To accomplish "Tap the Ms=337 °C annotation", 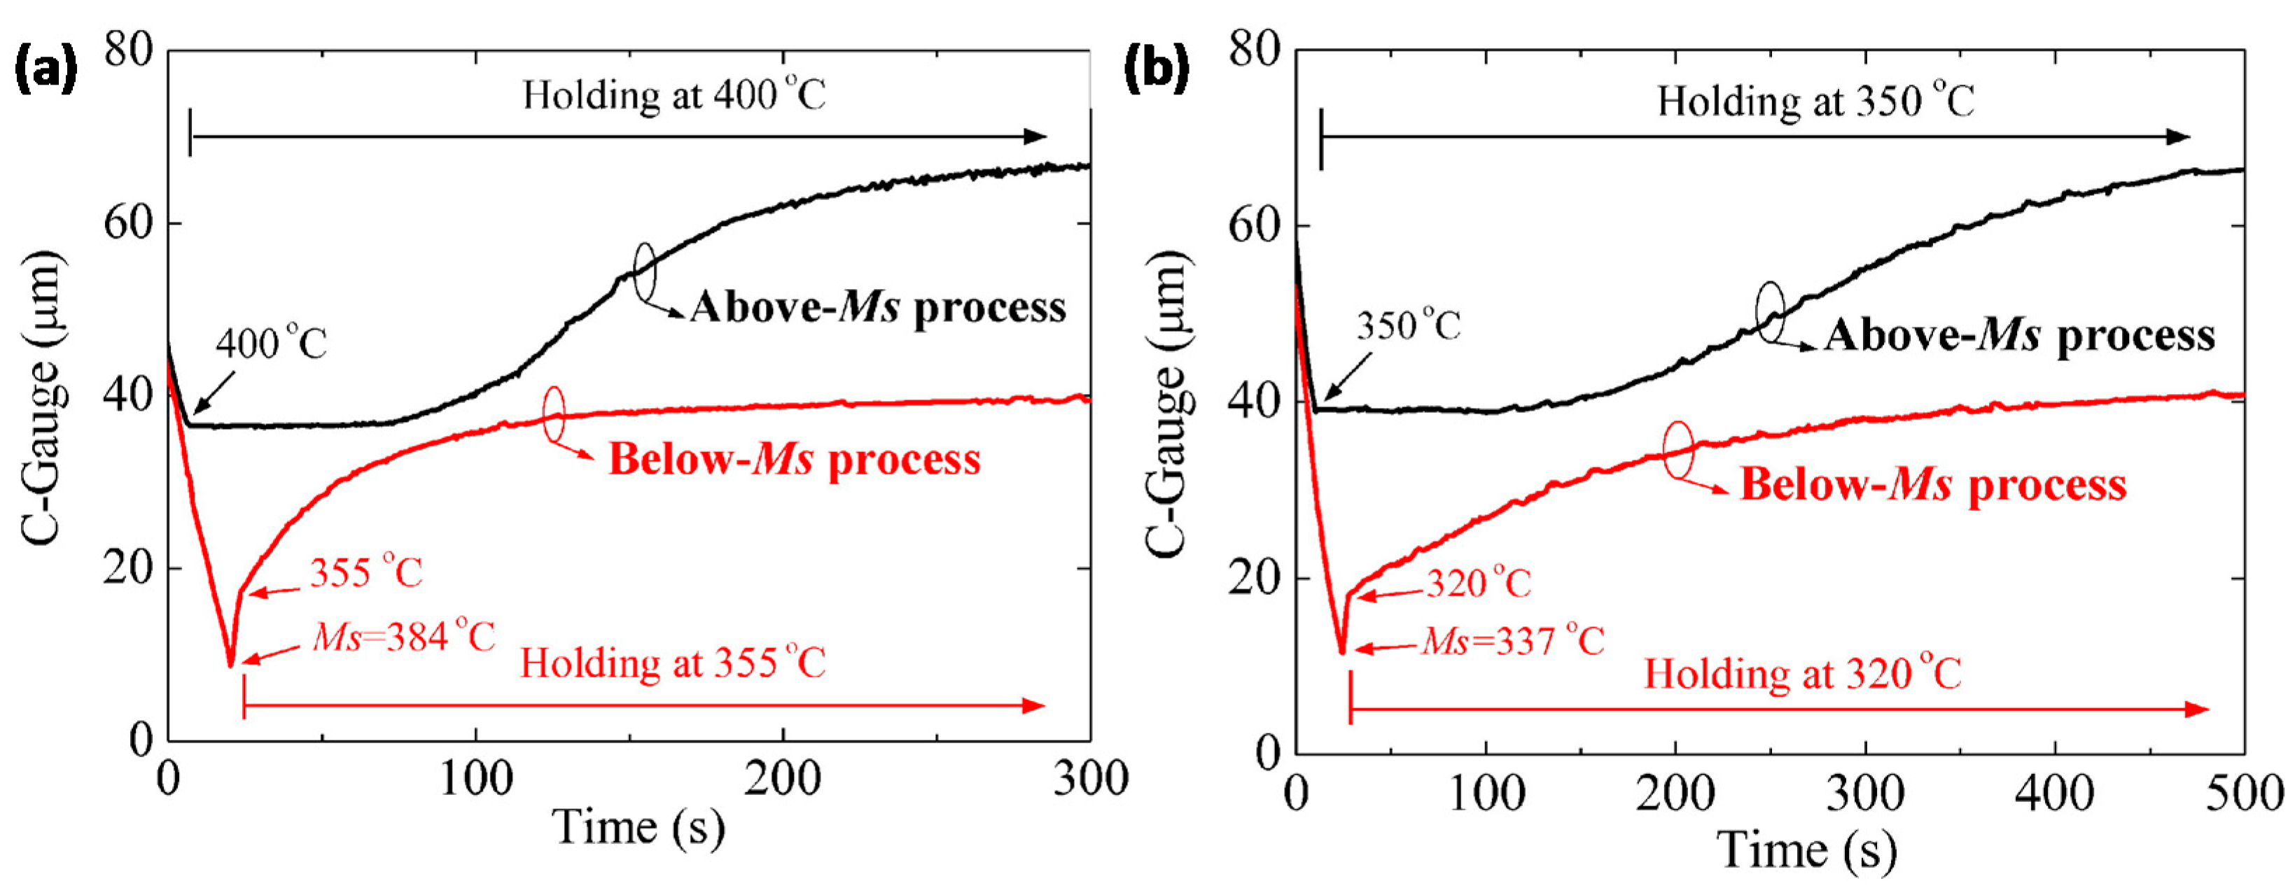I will [1513, 640].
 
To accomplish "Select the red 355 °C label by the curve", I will [366, 572].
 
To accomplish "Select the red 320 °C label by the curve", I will [1478, 584].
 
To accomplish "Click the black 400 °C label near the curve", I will [272, 343].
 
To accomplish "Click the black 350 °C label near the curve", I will [1408, 326].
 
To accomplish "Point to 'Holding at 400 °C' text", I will [674, 94].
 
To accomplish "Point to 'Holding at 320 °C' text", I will [1801, 673].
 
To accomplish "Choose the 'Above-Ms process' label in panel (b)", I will [2019, 336].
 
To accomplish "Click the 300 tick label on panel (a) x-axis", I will [1089, 780].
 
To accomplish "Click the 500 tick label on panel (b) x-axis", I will [2243, 793].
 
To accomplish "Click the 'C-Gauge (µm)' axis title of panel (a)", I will [43, 396].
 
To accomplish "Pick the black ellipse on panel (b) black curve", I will [1770, 313].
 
